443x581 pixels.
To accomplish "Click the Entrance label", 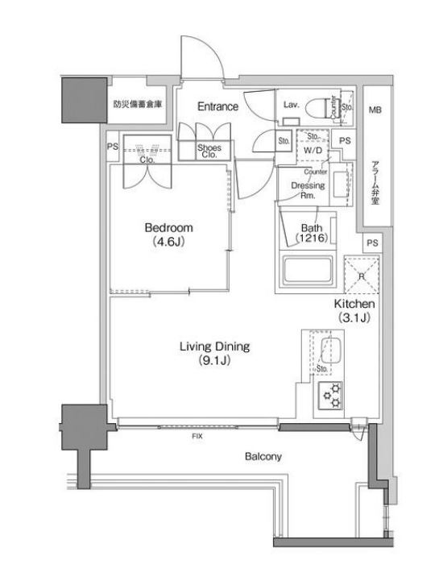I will pos(219,106).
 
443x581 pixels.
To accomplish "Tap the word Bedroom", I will pos(169,227).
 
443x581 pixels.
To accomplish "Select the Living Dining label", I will pos(214,347).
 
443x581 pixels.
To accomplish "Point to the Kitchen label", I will pos(354,305).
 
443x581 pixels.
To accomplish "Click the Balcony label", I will pos(263,457).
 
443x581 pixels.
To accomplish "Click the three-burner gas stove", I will pos(330,395).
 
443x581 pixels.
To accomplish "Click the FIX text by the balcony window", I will pos(197,436).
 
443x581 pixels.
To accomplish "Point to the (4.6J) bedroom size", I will pos(169,241).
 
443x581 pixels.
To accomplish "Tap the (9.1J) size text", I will pos(214,361).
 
